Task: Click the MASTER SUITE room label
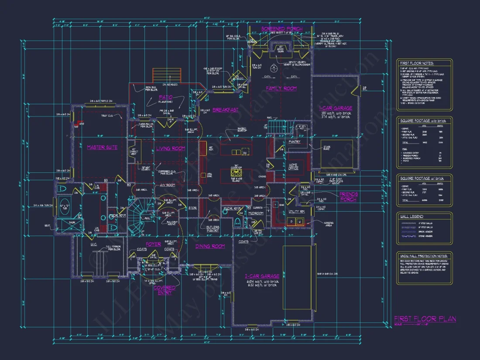(x=102, y=147)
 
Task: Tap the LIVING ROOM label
(x=171, y=149)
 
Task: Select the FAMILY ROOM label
(x=281, y=89)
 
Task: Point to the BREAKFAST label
(x=226, y=110)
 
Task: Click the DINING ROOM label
(x=210, y=247)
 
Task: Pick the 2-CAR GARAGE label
(x=262, y=276)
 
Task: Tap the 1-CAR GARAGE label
(x=336, y=108)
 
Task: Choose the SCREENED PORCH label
(x=281, y=29)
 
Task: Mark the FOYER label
(x=153, y=244)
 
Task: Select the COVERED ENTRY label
(x=165, y=290)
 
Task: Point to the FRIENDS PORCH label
(x=348, y=197)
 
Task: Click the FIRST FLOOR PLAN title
(x=425, y=319)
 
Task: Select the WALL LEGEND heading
(x=412, y=216)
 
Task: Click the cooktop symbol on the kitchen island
(x=236, y=171)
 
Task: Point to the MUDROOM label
(x=256, y=213)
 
